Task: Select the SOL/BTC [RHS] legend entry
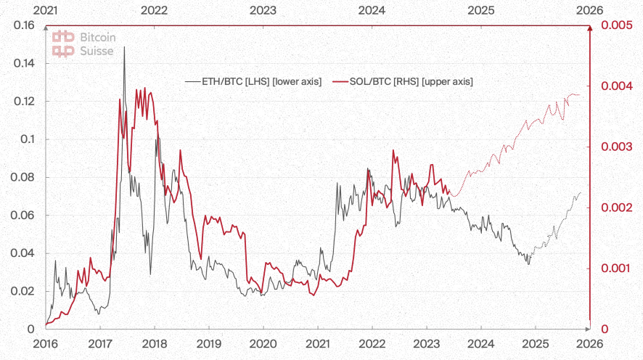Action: pyautogui.click(x=403, y=82)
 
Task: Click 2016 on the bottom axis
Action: pyautogui.click(x=45, y=343)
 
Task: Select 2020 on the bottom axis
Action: pyautogui.click(x=263, y=343)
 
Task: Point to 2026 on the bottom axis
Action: pyautogui.click(x=589, y=343)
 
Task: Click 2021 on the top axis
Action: pyautogui.click(x=45, y=10)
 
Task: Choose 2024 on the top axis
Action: pyautogui.click(x=372, y=10)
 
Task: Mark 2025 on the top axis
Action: pyautogui.click(x=480, y=10)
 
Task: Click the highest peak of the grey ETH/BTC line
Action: pyautogui.click(x=124, y=47)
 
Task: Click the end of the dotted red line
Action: pyautogui.click(x=580, y=95)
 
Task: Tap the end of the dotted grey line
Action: pyautogui.click(x=581, y=192)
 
